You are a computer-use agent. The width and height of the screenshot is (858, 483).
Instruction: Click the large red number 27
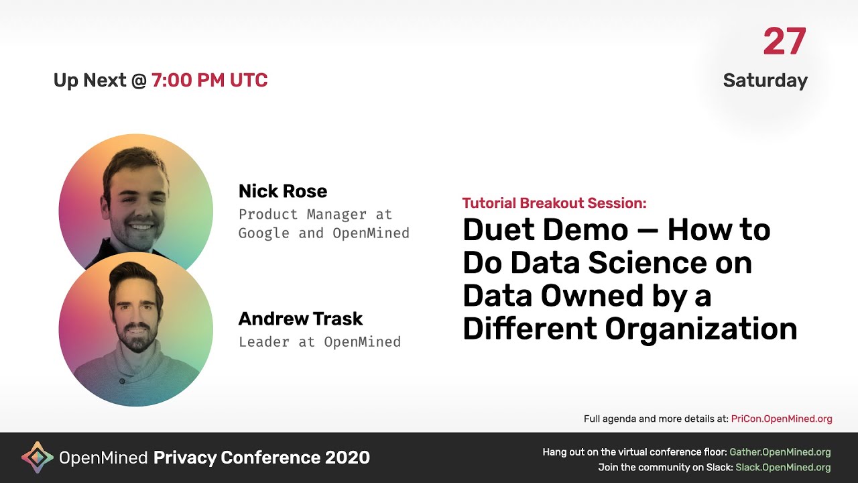784,42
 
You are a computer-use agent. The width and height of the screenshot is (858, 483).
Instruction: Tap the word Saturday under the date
765,80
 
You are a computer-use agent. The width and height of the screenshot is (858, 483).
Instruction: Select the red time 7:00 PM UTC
209,80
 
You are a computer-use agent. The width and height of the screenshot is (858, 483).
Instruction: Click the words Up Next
90,80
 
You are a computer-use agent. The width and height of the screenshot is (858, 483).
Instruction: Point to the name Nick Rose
282,191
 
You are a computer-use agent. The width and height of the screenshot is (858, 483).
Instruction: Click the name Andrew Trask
300,319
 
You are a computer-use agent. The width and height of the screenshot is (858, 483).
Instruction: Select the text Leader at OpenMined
319,341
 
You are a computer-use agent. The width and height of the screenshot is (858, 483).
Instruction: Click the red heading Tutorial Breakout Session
554,203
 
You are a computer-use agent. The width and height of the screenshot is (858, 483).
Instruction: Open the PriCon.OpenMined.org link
782,419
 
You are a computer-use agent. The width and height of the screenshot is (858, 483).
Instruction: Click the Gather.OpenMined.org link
780,452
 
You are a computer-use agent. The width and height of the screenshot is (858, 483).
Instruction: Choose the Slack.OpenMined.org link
783,467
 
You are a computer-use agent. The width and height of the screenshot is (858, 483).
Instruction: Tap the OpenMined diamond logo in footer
38,458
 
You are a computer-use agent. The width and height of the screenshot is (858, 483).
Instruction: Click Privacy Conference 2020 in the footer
261,458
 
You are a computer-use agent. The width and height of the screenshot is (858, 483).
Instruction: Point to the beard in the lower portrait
136,337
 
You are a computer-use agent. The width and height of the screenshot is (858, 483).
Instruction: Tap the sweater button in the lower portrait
122,381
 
